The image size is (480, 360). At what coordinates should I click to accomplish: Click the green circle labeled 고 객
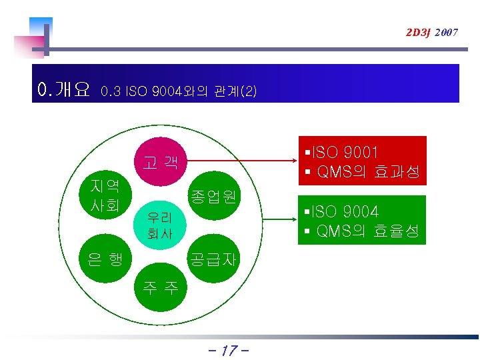pos(160,162)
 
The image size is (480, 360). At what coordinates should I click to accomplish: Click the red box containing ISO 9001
pos(361,161)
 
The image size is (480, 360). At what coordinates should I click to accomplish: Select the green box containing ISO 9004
pos(361,221)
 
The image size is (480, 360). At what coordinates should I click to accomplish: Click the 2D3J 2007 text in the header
pos(431,31)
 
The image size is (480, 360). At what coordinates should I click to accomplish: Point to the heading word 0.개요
pos(64,89)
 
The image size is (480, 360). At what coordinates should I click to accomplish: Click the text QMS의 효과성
pos(367,173)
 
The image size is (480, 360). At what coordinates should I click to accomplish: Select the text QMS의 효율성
pos(367,231)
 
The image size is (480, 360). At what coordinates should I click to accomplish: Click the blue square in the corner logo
pos(40,27)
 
